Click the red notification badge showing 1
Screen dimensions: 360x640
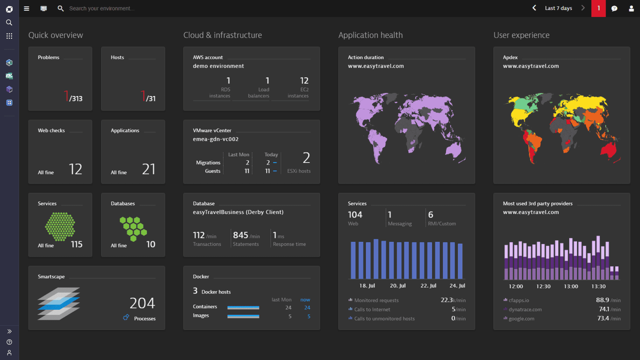coord(598,8)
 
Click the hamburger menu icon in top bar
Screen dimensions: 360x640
coord(27,9)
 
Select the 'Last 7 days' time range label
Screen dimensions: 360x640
coord(558,8)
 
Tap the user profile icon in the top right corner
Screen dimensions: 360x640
coord(631,9)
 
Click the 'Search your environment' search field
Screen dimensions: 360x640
coord(102,9)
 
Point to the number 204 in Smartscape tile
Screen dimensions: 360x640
coord(142,303)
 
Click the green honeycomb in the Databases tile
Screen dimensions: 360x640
coord(133,229)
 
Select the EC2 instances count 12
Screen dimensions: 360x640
coord(304,81)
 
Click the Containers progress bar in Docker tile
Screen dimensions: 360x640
coord(243,308)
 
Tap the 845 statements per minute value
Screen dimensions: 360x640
coord(240,235)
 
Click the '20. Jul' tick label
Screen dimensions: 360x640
coord(398,286)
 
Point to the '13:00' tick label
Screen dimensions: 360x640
coord(571,286)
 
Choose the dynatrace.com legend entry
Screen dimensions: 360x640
coord(525,310)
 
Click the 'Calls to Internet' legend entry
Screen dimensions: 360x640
coord(372,310)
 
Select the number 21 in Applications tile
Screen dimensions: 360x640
coord(149,169)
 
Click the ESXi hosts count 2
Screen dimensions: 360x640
coord(306,158)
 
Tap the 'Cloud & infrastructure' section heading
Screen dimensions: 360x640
coord(222,35)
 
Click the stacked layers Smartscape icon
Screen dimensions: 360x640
coord(59,304)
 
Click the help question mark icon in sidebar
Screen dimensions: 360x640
coord(9,342)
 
